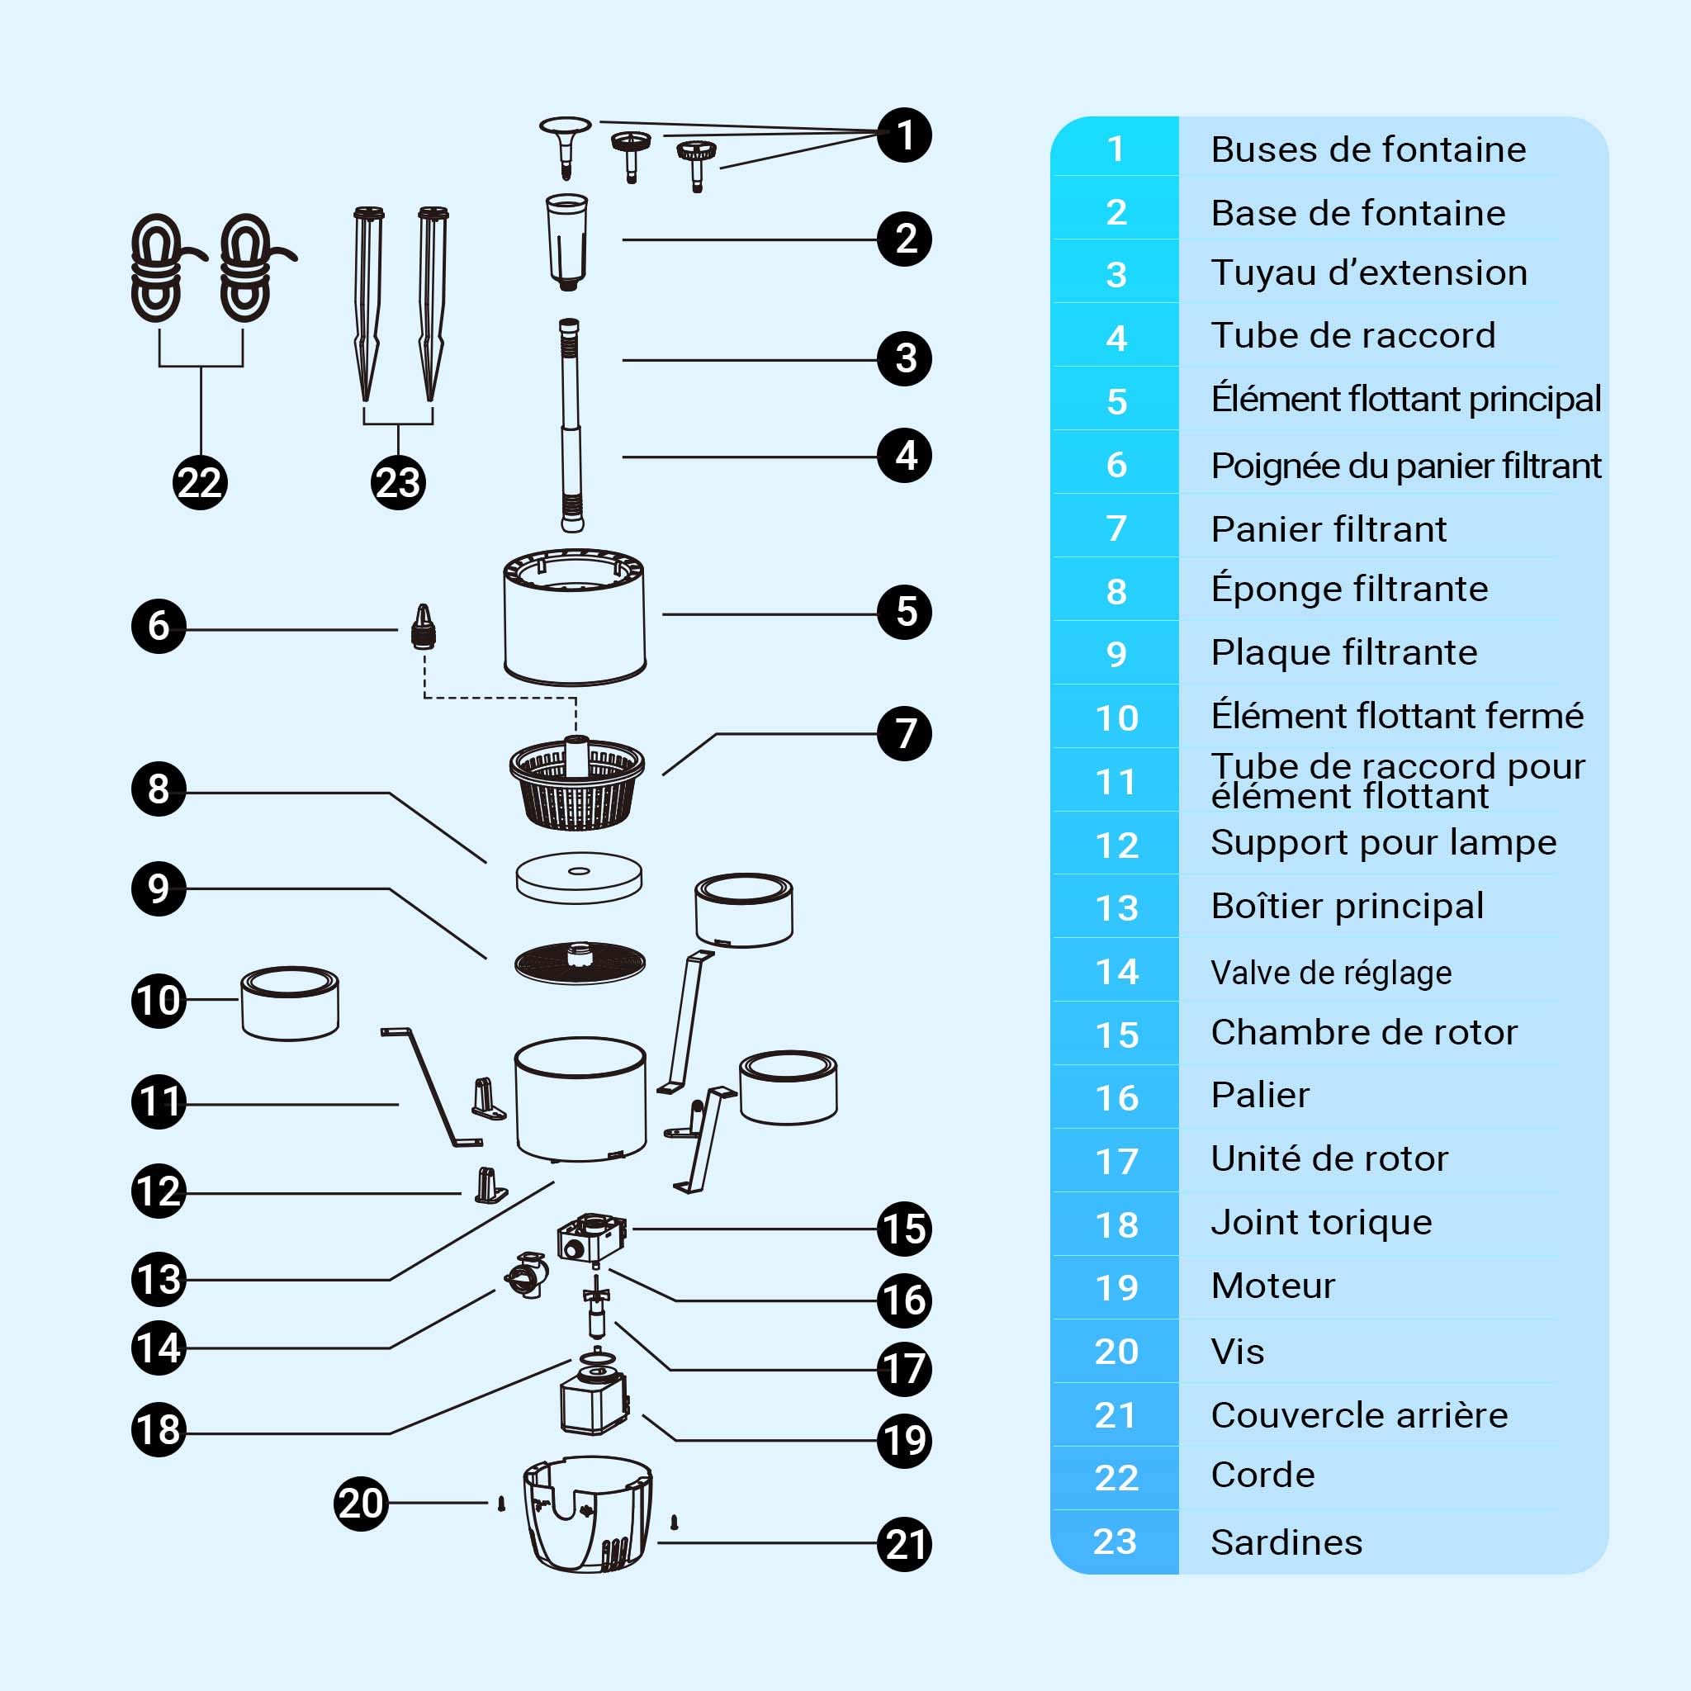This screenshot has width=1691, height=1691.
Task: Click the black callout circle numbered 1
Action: (x=904, y=135)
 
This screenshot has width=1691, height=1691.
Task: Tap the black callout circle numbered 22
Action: (x=200, y=482)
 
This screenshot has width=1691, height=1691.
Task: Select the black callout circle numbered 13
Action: (x=159, y=1279)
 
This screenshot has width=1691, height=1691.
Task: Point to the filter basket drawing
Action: (x=577, y=783)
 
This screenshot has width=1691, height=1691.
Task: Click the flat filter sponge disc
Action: (x=579, y=877)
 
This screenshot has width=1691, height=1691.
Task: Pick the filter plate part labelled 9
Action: (x=580, y=963)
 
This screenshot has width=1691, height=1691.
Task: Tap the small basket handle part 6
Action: (x=424, y=626)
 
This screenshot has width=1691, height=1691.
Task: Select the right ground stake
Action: (x=431, y=304)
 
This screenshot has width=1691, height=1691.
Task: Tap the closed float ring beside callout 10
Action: (x=290, y=1003)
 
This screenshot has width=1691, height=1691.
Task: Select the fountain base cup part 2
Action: (x=567, y=242)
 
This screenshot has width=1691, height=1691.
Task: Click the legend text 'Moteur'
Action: (x=1272, y=1286)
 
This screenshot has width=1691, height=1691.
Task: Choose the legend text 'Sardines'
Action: (x=1286, y=1542)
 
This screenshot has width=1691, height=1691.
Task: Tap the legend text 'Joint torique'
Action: (x=1322, y=1223)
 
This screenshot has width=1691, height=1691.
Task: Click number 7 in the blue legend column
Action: (x=1116, y=528)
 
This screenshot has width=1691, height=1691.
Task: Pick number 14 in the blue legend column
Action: (x=1117, y=972)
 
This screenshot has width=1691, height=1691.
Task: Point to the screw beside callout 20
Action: (x=501, y=1504)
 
